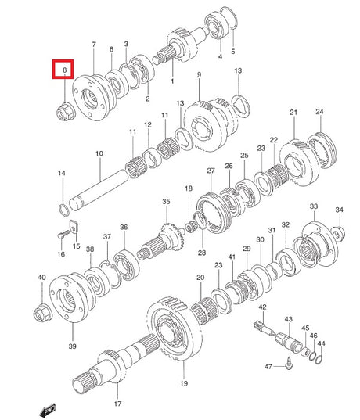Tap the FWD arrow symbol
[48, 410]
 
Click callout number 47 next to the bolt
[268, 366]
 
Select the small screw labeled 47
[289, 363]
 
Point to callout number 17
[117, 404]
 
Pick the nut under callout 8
[66, 111]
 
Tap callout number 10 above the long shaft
[99, 153]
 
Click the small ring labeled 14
[64, 210]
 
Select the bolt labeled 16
[63, 235]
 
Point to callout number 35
[166, 201]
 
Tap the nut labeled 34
[338, 233]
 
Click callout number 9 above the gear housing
[199, 74]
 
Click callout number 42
[262, 307]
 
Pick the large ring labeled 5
[229, 17]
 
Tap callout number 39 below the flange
[72, 346]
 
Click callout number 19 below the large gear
[184, 383]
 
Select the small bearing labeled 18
[191, 228]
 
